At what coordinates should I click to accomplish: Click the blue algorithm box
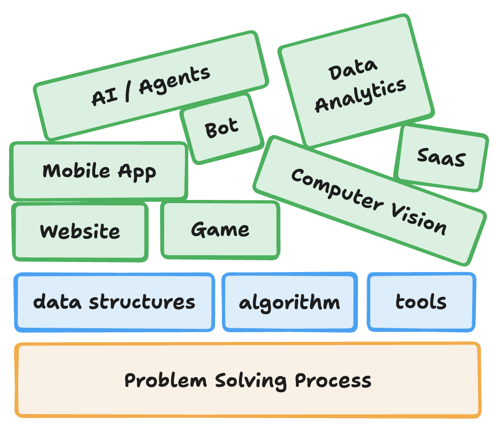(x=290, y=302)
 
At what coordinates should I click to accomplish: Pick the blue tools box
(x=421, y=302)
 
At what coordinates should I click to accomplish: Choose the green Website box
(x=80, y=231)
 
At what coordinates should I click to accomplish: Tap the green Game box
(x=220, y=229)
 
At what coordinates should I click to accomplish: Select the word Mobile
(x=76, y=171)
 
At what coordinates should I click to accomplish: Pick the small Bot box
(x=221, y=128)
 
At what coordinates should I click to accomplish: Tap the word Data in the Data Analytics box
(x=353, y=71)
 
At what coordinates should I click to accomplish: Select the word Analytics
(x=360, y=95)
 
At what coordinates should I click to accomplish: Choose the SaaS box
(x=441, y=157)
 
